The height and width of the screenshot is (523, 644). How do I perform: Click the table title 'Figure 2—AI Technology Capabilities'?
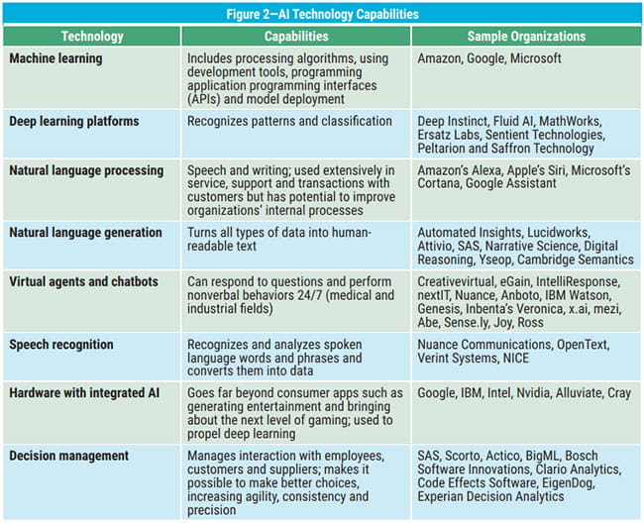click(322, 14)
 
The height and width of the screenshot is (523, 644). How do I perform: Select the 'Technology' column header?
click(92, 37)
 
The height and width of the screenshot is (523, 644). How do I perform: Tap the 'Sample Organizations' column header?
click(528, 37)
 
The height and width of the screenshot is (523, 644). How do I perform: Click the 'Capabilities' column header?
click(296, 37)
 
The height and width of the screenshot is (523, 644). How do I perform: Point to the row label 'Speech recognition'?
click(61, 345)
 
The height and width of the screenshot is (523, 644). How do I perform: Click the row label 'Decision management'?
click(69, 456)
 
